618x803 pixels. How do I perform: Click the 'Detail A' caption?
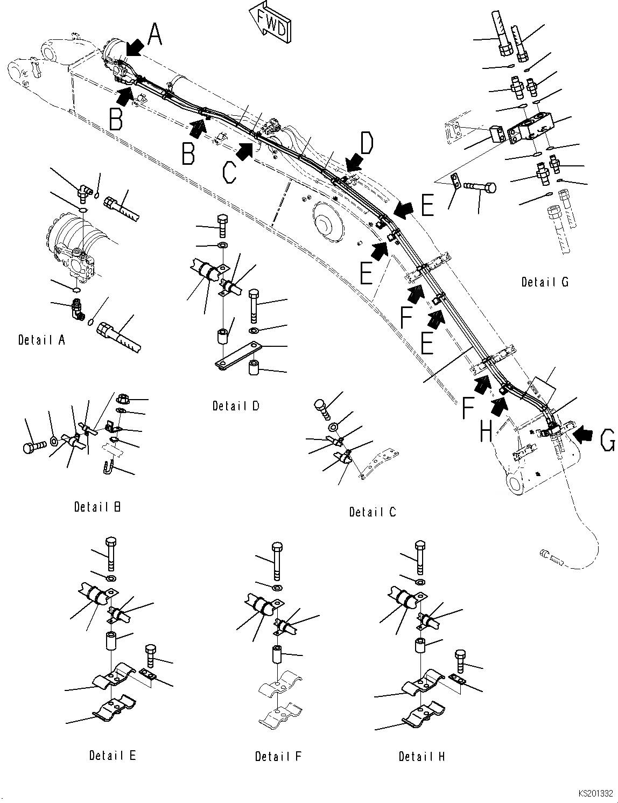[41, 340]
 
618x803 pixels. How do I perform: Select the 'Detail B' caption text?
[97, 507]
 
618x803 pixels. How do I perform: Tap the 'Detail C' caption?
[373, 512]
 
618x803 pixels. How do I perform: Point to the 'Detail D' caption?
[236, 406]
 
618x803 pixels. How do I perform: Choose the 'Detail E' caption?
[113, 755]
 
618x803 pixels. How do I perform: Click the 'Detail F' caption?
[278, 756]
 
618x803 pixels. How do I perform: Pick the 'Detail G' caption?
[545, 282]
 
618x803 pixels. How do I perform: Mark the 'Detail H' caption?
[422, 756]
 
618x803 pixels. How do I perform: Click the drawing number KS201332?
[596, 794]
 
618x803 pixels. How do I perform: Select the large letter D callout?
[366, 144]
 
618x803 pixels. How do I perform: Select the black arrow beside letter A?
[135, 48]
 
